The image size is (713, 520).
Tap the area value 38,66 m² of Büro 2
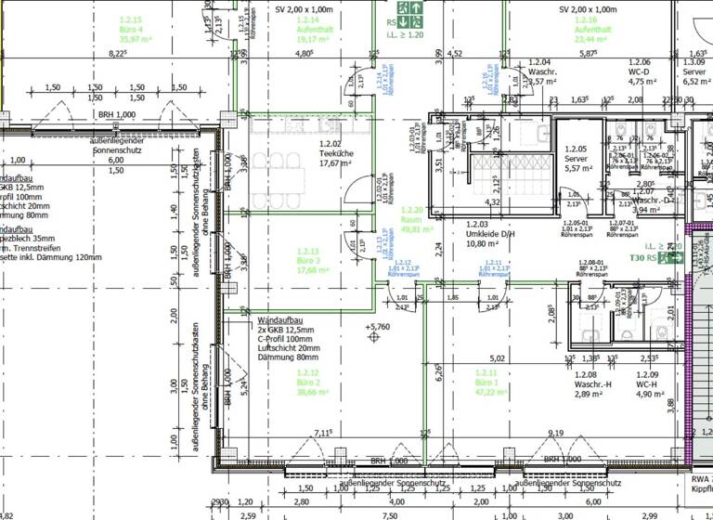308,393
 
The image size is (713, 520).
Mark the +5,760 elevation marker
379,328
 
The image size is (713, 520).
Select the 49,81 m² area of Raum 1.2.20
413,228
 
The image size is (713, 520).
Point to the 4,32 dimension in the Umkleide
494,201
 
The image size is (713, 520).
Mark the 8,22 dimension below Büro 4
118,55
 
